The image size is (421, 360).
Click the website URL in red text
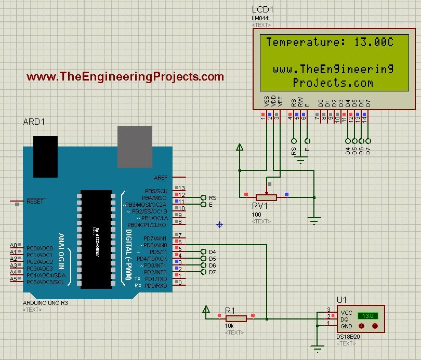tap(125, 77)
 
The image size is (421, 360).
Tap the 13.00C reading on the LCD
tap(374, 42)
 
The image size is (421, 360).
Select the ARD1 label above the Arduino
tap(34, 122)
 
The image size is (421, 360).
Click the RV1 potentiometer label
tap(260, 206)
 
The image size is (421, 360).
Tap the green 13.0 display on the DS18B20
tap(369, 315)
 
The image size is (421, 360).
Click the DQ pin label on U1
tap(345, 319)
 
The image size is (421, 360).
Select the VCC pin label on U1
tap(346, 313)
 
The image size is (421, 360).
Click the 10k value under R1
tap(229, 326)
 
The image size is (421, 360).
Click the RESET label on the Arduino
tap(35, 201)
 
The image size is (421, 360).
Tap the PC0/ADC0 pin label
tap(40, 249)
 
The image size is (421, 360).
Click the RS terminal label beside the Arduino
tap(212, 198)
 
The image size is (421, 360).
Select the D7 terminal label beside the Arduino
tap(212, 272)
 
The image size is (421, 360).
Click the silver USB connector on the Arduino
tap(135, 140)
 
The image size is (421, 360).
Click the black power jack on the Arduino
tap(45, 156)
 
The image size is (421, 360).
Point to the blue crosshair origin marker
tap(219, 224)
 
